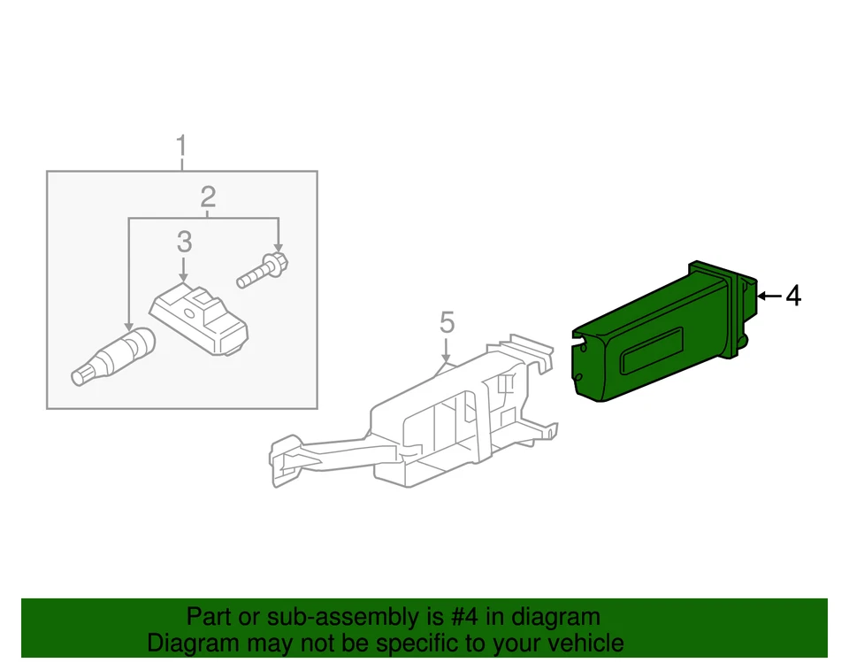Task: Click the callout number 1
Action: click(x=181, y=145)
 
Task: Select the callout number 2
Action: click(x=208, y=197)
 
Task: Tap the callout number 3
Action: click(x=184, y=241)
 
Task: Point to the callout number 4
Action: click(x=793, y=296)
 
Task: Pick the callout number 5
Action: click(x=447, y=323)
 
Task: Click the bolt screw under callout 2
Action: click(x=263, y=270)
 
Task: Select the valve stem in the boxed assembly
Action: click(x=111, y=355)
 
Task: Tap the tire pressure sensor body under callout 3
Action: click(x=199, y=320)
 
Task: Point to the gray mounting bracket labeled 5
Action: click(x=416, y=425)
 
